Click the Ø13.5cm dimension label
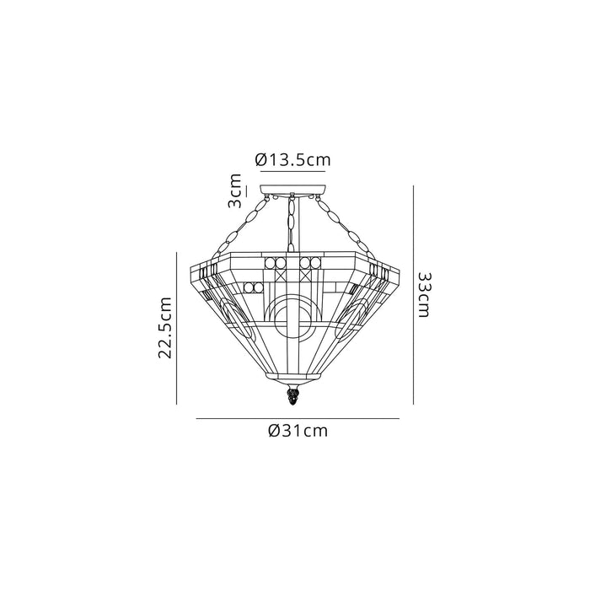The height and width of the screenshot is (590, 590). coord(292,160)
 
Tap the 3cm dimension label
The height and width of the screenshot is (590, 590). coord(235,191)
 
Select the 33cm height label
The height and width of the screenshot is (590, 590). coord(424,295)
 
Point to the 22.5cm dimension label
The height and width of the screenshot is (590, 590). coord(164,327)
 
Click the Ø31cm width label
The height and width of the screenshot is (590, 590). coord(298,431)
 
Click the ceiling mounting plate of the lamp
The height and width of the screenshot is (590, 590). coord(293,190)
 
